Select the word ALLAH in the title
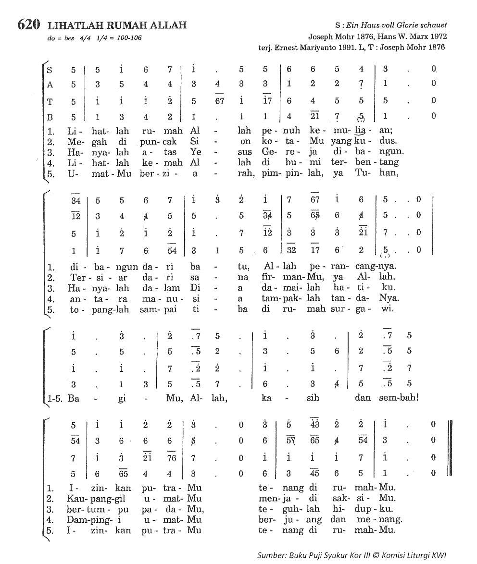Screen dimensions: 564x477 (x=167, y=25)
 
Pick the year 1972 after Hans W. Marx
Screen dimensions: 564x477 (x=438, y=36)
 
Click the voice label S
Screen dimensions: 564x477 (x=50, y=69)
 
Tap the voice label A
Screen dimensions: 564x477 (x=50, y=84)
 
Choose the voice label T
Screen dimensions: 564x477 (x=50, y=101)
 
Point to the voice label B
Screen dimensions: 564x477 (x=50, y=116)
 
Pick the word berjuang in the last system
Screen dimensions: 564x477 (x=290, y=519)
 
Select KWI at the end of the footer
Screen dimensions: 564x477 (x=439, y=555)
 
